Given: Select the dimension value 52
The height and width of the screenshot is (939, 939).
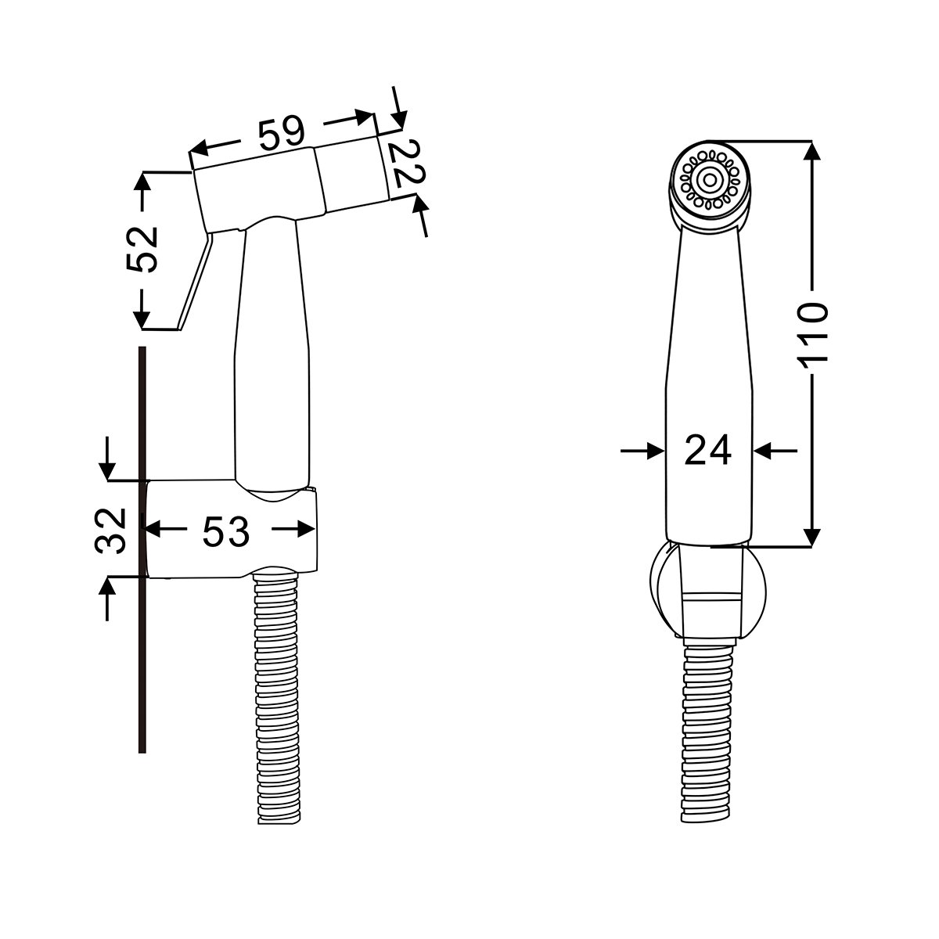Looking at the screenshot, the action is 142,249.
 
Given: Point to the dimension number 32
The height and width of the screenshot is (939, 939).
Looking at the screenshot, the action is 110,531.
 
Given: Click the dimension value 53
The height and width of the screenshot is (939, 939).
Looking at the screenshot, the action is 225,531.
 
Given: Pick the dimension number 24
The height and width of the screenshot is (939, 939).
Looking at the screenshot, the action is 707,451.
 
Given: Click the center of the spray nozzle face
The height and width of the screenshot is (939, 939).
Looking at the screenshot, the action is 710,180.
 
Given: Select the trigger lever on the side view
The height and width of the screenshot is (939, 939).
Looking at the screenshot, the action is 195,281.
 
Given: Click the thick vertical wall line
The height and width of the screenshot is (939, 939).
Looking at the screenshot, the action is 142,550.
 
